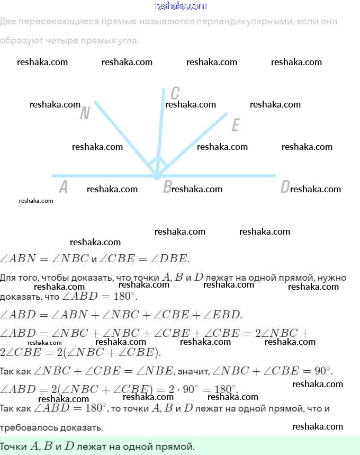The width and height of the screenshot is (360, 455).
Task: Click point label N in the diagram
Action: tap(85, 113)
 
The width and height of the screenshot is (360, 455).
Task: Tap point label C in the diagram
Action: tap(175, 93)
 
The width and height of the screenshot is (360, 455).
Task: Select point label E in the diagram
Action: tap(236, 125)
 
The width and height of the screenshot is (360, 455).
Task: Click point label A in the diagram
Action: tap(64, 186)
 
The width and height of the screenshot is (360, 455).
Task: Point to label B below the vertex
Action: tap(167, 186)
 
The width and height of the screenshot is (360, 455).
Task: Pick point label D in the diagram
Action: tap(285, 186)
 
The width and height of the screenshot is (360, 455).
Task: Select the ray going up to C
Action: tap(161, 127)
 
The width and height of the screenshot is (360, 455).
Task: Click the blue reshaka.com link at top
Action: tap(180, 6)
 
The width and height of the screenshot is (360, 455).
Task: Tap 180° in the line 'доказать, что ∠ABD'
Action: tap(125, 297)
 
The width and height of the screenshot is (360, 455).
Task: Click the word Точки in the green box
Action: tap(13, 447)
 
